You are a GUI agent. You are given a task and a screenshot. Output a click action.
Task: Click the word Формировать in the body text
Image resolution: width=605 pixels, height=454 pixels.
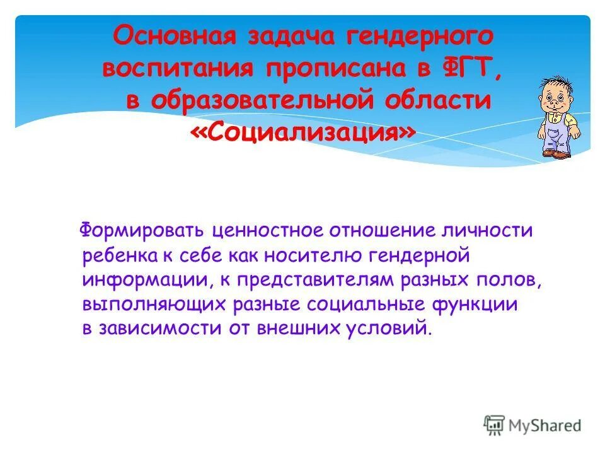click(141, 231)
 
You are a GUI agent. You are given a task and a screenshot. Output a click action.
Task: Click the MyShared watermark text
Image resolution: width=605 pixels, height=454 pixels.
click(545, 426)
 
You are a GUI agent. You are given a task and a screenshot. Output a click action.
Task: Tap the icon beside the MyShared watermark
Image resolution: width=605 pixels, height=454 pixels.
click(495, 424)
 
